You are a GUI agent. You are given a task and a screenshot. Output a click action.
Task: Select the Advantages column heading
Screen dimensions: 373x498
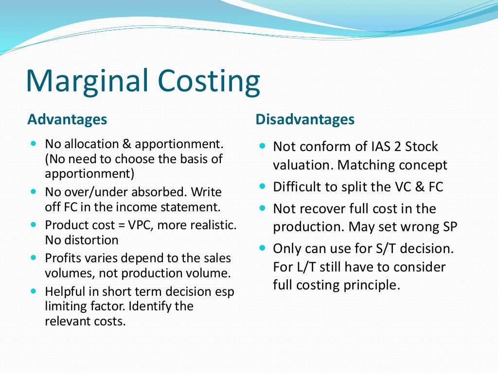point(67,119)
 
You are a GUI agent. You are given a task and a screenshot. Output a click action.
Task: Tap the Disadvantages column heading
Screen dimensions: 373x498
point(305,119)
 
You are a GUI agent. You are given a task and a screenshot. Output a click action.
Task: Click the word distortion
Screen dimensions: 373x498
point(91,240)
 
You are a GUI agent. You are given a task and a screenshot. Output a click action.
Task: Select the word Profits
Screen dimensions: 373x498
point(62,258)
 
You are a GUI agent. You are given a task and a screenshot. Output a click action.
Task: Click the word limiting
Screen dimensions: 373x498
point(66,306)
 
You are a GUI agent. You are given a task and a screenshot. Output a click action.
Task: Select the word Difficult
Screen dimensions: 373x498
point(299,186)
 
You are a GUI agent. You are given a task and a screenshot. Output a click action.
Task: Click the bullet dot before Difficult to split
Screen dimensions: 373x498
point(263,186)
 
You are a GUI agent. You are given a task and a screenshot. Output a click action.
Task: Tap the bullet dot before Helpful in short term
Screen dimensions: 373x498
point(34,291)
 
